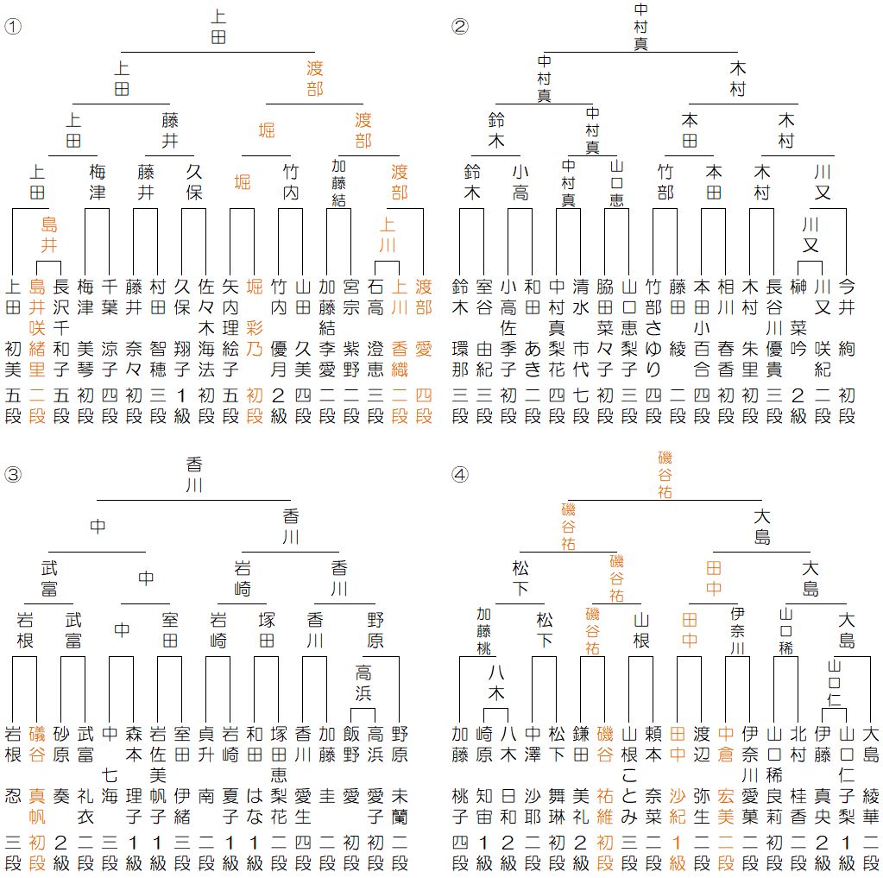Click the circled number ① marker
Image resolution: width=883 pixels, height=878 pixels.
point(12,26)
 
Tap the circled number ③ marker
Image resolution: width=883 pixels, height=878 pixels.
point(12,474)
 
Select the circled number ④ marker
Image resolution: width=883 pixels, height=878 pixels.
point(460,474)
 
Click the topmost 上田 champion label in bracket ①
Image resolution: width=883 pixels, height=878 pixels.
point(218,26)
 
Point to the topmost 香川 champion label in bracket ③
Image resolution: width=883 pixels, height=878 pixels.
point(194,474)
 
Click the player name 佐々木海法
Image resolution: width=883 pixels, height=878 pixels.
point(205,328)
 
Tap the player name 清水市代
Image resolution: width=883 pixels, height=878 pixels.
point(581,328)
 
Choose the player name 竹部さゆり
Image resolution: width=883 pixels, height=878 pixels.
point(653,328)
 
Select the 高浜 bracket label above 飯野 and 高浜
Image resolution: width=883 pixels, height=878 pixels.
point(363,683)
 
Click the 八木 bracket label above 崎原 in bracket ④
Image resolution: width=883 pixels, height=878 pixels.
point(495,683)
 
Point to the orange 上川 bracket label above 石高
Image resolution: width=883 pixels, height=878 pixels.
point(387,235)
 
